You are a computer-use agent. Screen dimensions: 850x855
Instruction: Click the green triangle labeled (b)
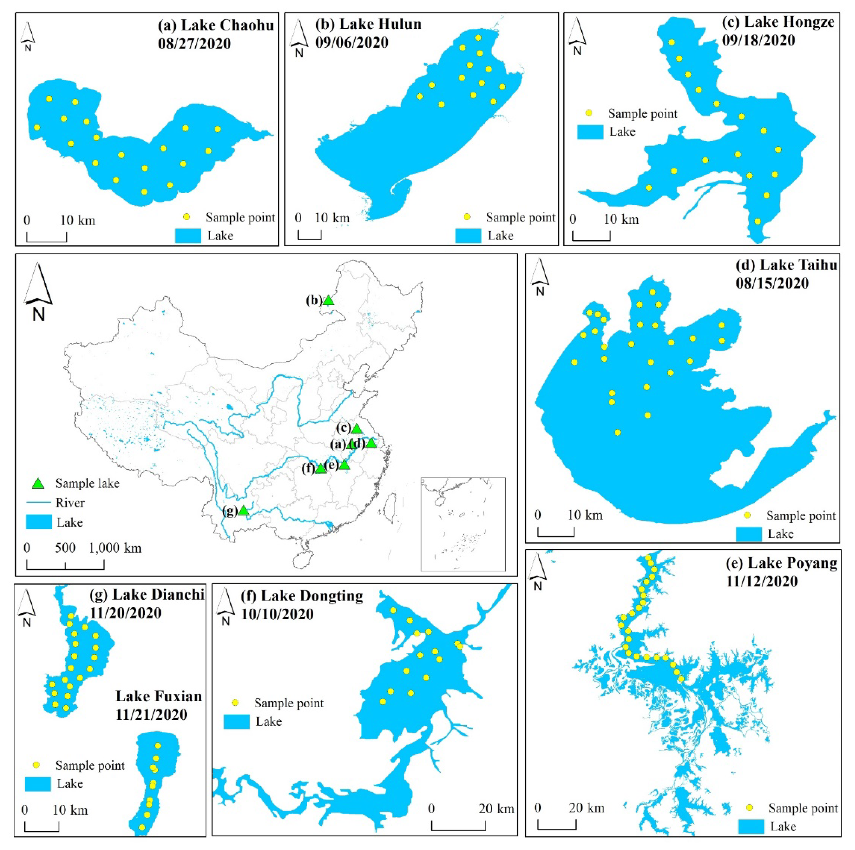[x=328, y=300]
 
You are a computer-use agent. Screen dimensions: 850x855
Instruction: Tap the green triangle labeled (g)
[x=243, y=511]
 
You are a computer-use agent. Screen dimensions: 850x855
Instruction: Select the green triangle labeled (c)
[x=356, y=428]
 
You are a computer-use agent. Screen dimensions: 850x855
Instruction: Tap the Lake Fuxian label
[x=158, y=696]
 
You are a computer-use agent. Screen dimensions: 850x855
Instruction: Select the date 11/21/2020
[x=151, y=715]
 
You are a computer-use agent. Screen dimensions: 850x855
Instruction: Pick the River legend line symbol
[x=39, y=503]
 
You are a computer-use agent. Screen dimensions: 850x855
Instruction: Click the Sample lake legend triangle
[x=39, y=483]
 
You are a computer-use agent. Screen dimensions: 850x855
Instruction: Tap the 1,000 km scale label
[x=115, y=548]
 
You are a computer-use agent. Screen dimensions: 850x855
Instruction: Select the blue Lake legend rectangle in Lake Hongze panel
[x=590, y=132]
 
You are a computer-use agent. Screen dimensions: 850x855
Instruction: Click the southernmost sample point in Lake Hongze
[x=758, y=221]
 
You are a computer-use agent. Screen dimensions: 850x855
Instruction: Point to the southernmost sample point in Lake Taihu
[x=618, y=432]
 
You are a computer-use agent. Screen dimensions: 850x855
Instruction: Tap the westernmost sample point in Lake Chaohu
[x=37, y=127]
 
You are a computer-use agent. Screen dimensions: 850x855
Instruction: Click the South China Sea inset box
[x=463, y=524]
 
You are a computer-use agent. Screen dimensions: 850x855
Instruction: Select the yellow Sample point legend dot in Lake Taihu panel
[x=747, y=515]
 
